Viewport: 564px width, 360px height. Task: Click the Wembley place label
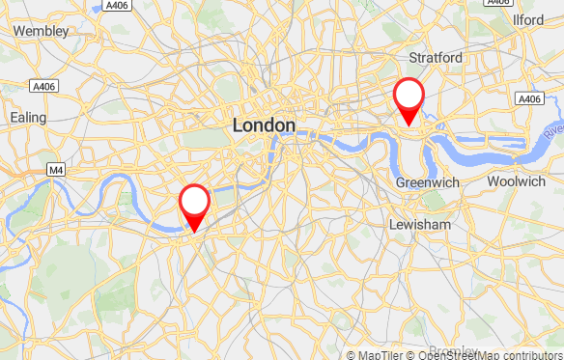click(42, 31)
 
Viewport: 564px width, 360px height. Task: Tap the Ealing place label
click(28, 117)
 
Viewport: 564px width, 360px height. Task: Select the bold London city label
click(264, 125)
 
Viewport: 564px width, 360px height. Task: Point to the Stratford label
click(437, 58)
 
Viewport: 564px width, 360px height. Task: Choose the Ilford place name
click(529, 20)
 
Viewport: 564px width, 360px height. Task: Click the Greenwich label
click(426, 181)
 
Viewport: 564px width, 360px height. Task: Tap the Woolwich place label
click(517, 181)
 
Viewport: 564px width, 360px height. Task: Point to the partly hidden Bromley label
click(452, 350)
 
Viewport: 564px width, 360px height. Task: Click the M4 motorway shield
click(57, 170)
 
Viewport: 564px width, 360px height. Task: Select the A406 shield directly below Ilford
click(528, 99)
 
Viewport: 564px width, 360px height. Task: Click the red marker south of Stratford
click(409, 96)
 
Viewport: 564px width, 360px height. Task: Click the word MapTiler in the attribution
click(381, 354)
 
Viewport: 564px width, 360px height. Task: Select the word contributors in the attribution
click(531, 354)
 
